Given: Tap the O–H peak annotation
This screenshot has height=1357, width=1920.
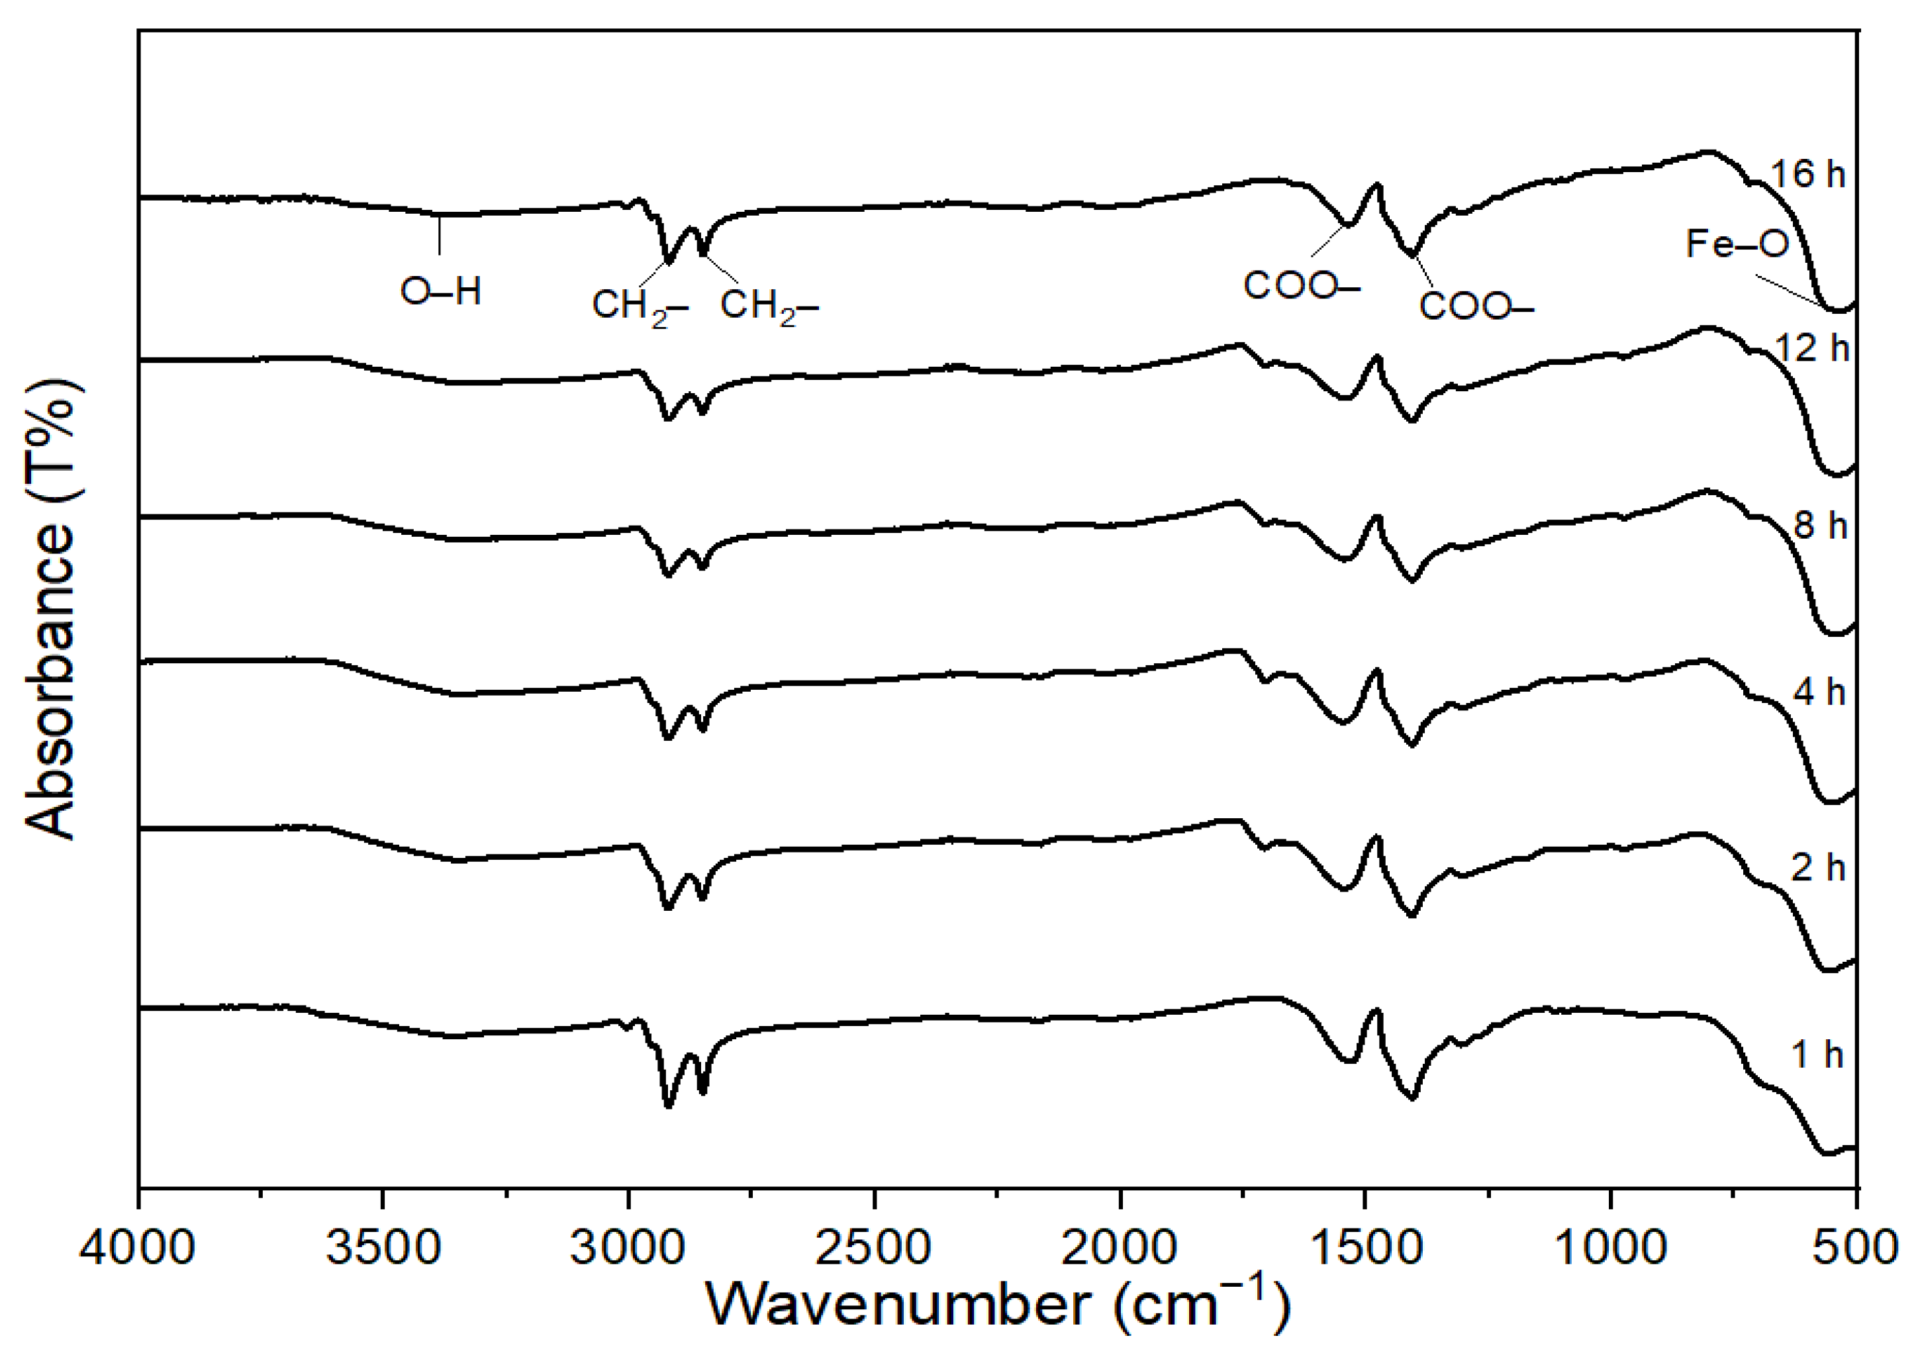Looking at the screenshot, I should (441, 292).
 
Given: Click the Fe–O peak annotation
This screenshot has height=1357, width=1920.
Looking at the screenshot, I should (1737, 244).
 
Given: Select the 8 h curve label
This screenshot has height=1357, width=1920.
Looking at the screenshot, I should (1819, 526).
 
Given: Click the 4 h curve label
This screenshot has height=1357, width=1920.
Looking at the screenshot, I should (1819, 692).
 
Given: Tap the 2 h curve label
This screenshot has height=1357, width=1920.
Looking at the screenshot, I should (1817, 868).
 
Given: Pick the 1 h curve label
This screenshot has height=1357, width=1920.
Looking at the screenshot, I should (1817, 1055).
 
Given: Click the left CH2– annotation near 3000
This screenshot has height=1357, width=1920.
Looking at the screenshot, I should (640, 306).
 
